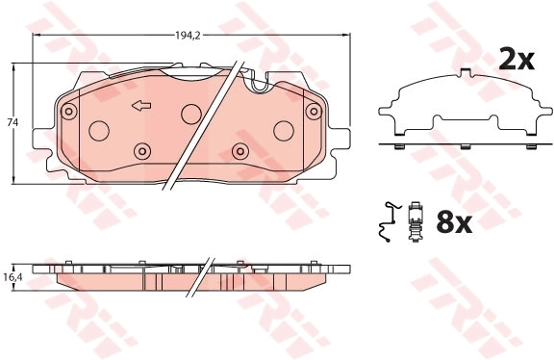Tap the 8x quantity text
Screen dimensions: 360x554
coord(452,223)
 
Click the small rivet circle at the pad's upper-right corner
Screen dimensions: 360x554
coord(313,112)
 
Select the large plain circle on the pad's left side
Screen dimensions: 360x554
coord(98,131)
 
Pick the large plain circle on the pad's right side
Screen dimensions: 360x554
coord(284,131)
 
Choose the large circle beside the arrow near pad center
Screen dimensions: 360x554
coord(190,111)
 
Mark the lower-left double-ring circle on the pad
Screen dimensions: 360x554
coord(142,151)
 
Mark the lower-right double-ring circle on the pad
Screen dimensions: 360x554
coord(239,151)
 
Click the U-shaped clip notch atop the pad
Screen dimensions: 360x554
coord(257,86)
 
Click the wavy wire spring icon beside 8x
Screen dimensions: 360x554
coord(386,222)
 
